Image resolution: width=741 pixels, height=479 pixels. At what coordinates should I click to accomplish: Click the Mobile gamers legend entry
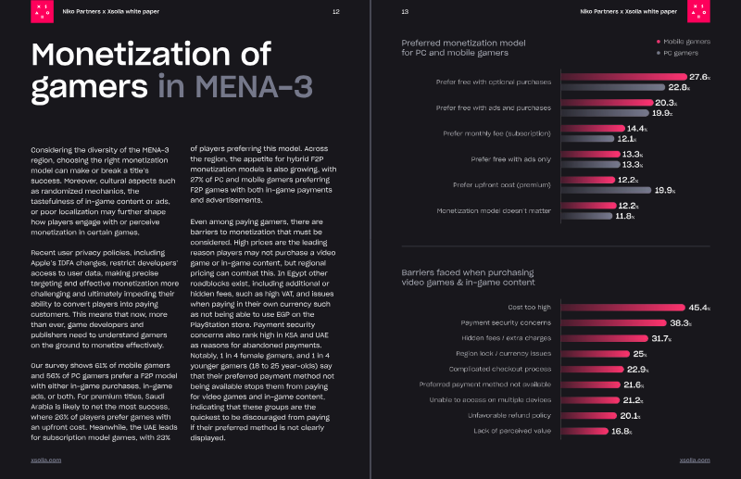pos(684,42)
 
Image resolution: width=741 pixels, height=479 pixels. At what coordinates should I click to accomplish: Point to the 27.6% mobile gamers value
pos(700,77)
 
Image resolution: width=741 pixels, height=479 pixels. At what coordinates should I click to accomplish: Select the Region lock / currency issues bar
pos(593,354)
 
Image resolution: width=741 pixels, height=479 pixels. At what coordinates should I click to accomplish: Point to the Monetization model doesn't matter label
pos(494,211)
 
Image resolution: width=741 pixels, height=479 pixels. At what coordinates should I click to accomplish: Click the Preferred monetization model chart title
pos(463,47)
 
